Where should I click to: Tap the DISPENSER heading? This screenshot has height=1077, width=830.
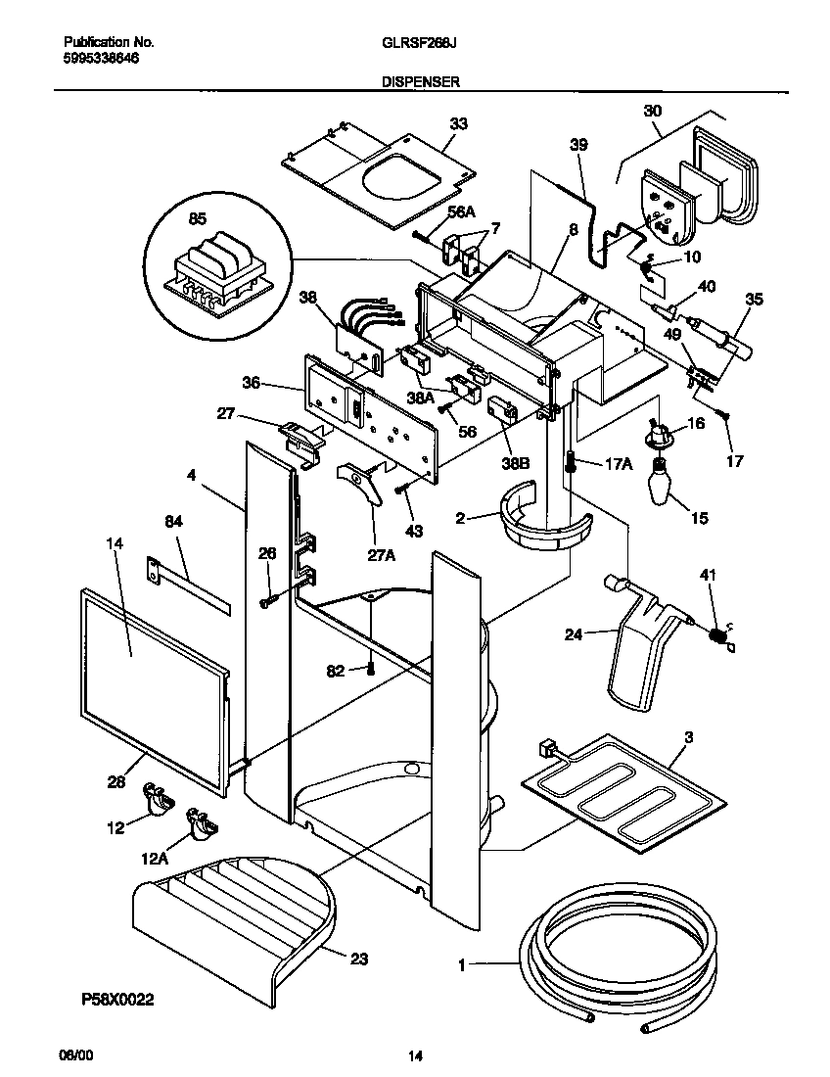coord(420,83)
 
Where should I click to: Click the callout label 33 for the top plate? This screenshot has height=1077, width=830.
coord(458,124)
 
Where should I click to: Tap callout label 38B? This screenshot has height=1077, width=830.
coord(517,462)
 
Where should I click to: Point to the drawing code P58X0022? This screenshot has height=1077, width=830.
coord(117,1002)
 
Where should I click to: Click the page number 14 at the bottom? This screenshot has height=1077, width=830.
coord(415,1055)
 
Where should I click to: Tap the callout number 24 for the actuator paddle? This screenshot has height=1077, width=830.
coord(573,634)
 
